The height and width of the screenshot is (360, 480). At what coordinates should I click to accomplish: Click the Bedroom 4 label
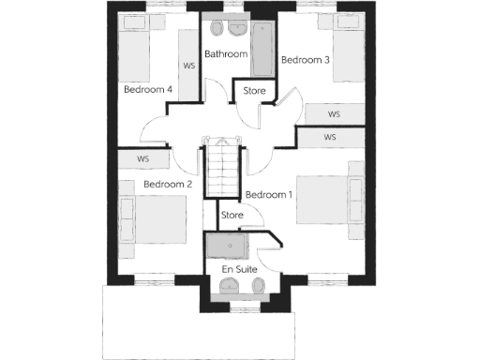[x=147, y=89]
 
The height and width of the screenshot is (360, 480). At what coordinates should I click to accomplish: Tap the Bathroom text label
[x=226, y=54]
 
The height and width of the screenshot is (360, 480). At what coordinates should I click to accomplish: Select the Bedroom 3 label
[x=307, y=61]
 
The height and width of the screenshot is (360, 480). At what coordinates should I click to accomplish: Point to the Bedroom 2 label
[x=168, y=185]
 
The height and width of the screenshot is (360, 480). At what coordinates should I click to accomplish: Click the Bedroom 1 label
[x=269, y=195]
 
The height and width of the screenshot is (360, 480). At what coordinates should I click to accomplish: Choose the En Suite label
[x=239, y=269]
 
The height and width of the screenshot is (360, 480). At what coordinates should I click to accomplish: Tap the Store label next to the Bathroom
[x=255, y=91]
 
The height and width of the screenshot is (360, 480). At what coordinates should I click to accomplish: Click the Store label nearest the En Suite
[x=232, y=216]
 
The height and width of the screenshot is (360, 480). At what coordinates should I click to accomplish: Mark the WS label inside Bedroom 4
[x=188, y=66]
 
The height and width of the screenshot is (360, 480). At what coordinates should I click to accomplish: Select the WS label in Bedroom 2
[x=142, y=159]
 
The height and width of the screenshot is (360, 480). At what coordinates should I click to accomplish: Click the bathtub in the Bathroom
[x=264, y=52]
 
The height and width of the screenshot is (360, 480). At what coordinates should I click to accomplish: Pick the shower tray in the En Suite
[x=226, y=245]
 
